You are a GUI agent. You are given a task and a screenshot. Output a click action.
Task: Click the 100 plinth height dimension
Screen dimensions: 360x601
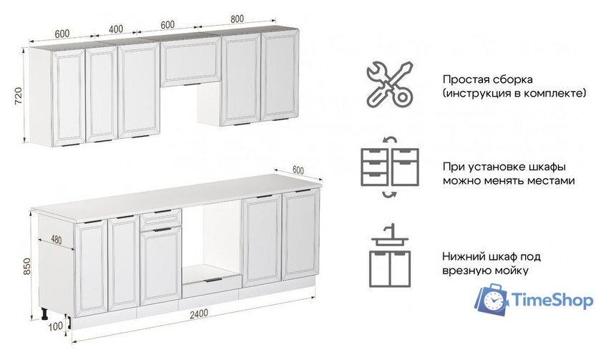click(57, 326)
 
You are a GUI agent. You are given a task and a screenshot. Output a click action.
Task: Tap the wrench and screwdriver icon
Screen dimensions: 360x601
click(389, 84)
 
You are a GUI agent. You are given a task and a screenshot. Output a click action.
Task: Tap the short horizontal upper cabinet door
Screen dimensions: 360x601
click(190, 63)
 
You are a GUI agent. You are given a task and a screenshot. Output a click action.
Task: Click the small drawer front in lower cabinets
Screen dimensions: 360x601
click(160, 219)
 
